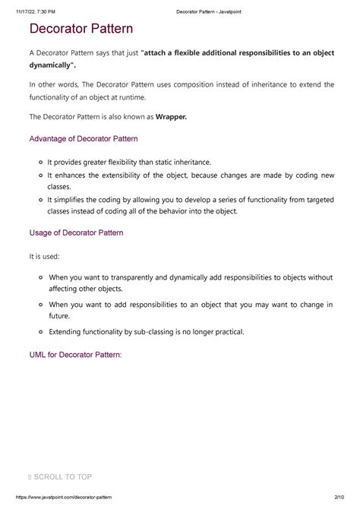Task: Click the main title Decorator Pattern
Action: [81, 30]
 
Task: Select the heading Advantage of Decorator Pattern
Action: [83, 139]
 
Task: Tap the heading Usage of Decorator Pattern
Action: [75, 232]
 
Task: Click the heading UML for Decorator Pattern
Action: [74, 354]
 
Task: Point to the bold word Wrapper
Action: [171, 117]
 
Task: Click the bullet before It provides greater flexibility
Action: [40, 163]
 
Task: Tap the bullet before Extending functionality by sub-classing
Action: [40, 332]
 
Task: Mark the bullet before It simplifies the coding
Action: [40, 199]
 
